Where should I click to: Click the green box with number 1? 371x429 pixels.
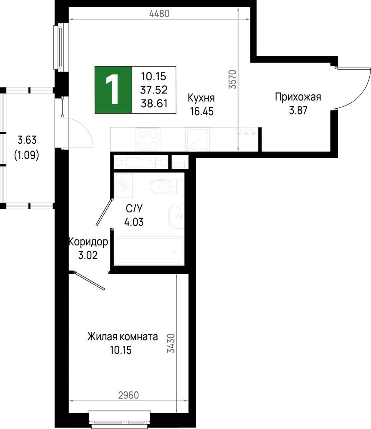click(114, 90)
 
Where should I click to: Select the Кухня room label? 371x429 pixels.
click(201, 98)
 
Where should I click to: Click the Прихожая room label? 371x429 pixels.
click(298, 97)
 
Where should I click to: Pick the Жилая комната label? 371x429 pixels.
click(122, 336)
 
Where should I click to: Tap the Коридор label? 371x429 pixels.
click(88, 242)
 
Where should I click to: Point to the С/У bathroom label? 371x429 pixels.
click(133, 208)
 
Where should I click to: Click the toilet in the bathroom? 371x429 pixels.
click(163, 186)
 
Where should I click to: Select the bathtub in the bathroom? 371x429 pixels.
click(149, 250)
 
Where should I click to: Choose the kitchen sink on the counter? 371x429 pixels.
click(198, 139)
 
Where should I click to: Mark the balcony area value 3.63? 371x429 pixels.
click(26, 140)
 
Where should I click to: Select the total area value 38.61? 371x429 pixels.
click(154, 103)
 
